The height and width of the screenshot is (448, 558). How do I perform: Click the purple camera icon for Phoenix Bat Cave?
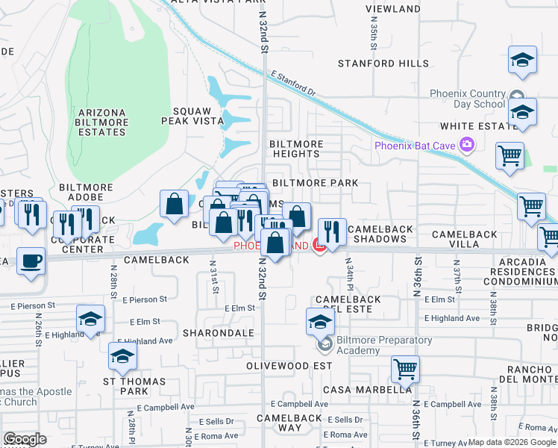[467, 144]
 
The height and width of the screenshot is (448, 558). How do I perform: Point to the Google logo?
[25, 439]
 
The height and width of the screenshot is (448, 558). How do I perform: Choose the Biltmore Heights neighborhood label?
[295, 149]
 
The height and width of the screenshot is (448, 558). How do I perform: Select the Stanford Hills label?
[383, 63]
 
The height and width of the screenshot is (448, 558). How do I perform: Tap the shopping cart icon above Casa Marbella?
[405, 368]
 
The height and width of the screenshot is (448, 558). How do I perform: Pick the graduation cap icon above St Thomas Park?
[122, 356]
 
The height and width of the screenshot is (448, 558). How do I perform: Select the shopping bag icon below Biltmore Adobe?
[174, 204]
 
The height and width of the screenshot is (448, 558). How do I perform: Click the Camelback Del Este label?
[348, 304]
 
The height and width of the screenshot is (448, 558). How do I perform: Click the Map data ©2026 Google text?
[512, 442]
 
